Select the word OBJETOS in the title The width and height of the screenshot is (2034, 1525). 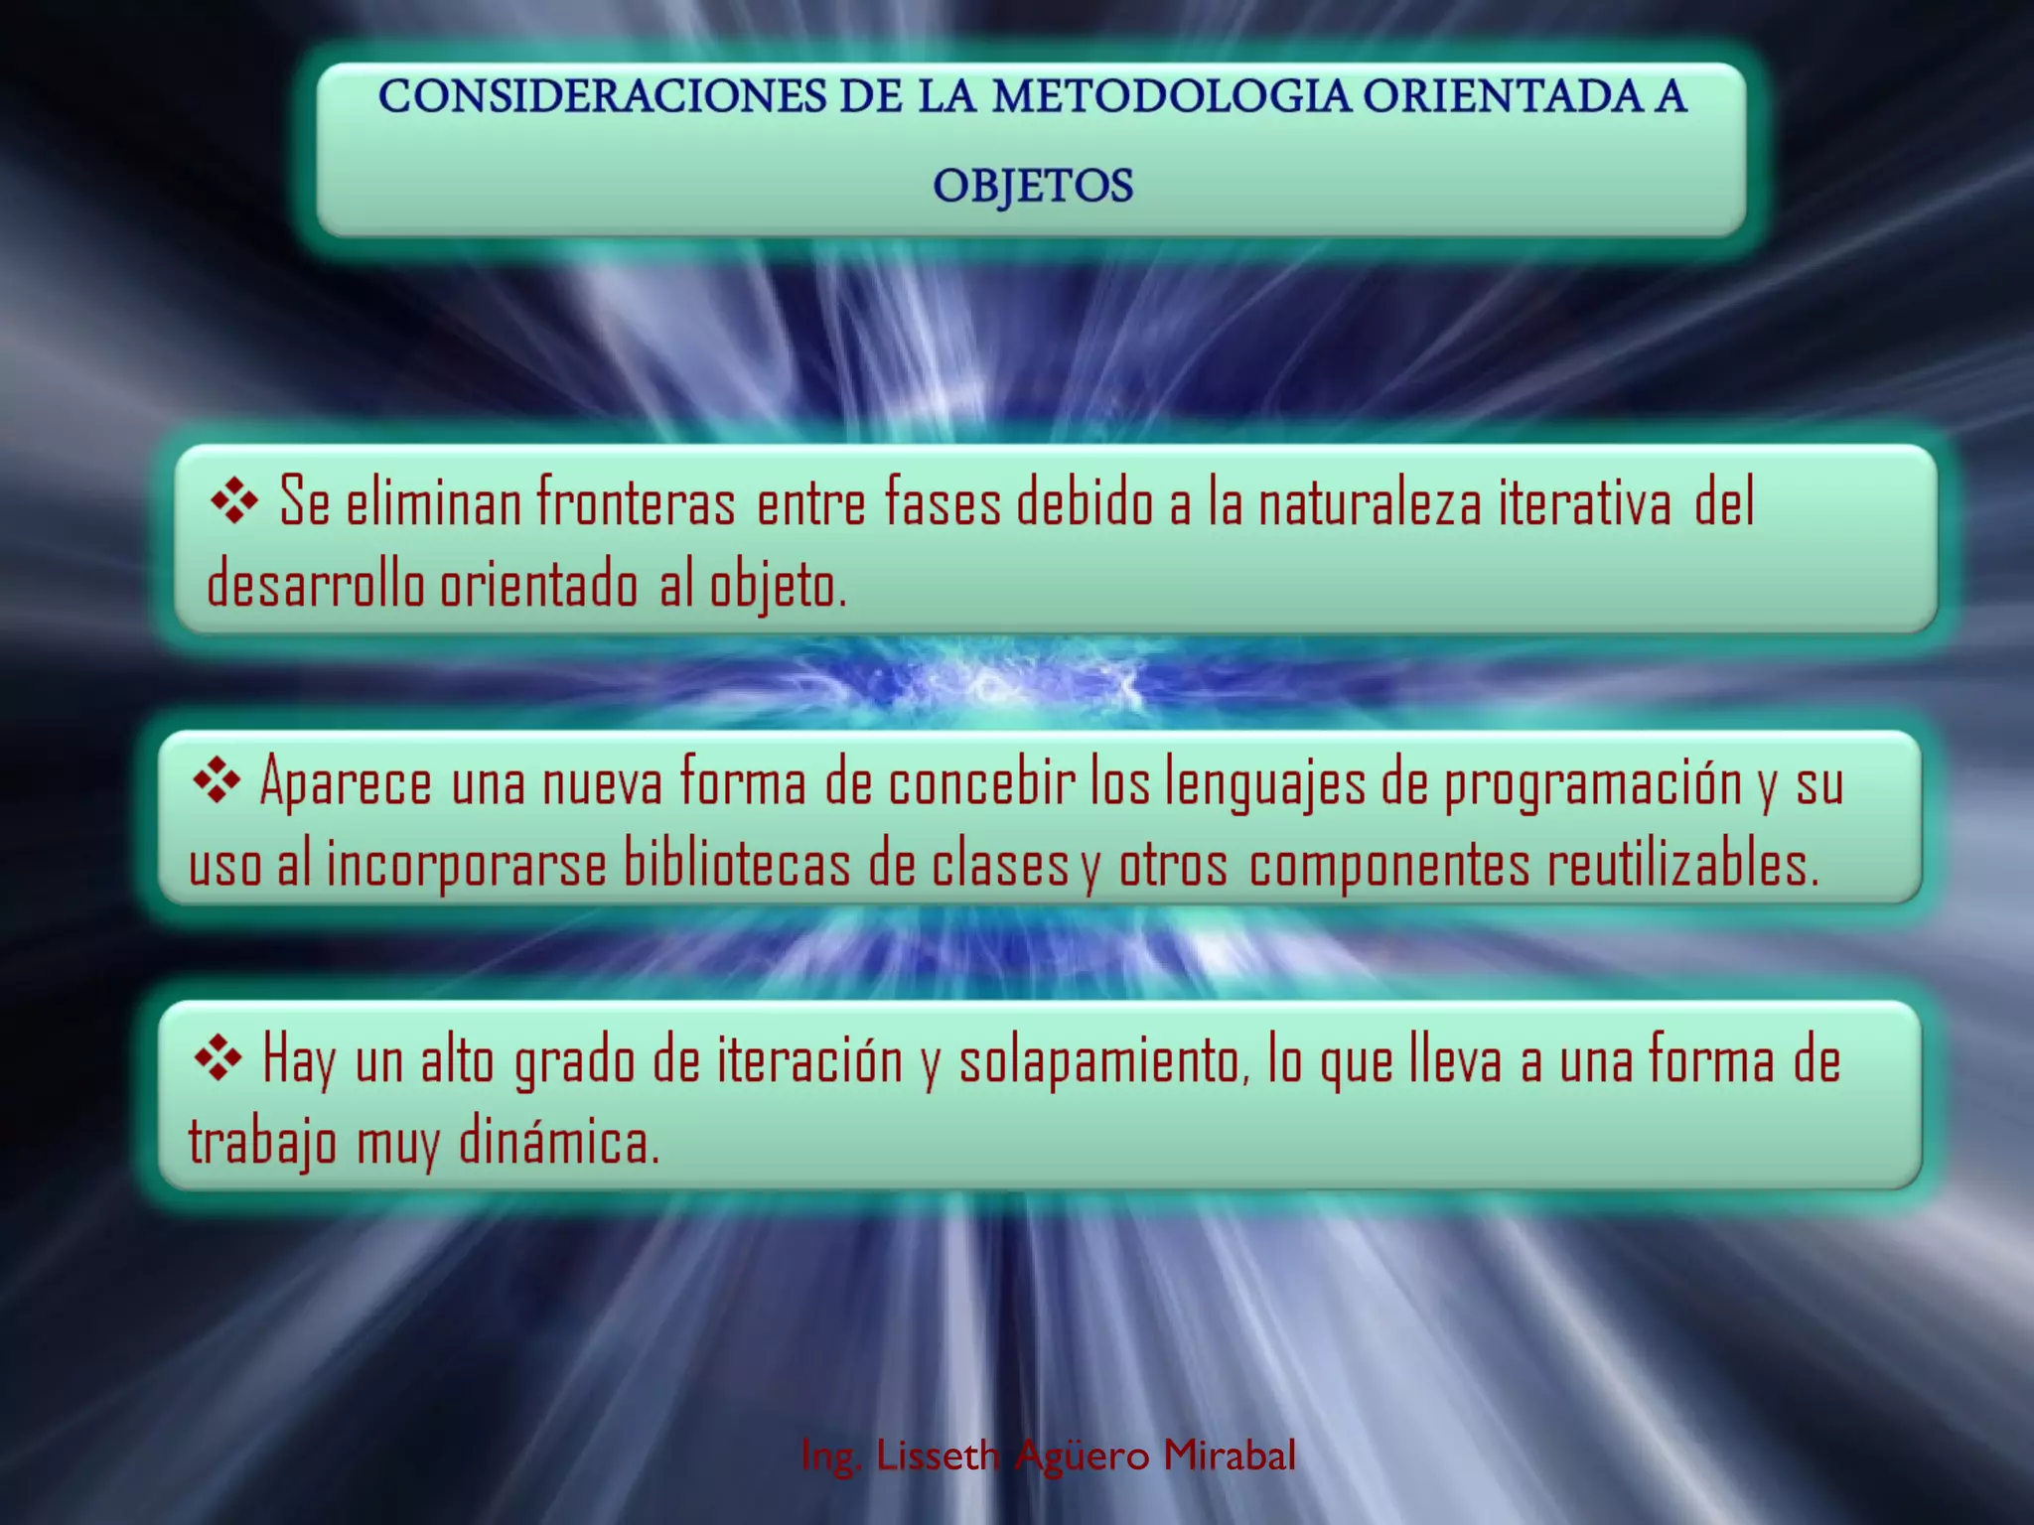1032,186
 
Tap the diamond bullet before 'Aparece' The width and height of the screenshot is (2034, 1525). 217,781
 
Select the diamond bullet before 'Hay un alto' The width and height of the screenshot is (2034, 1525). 218,1058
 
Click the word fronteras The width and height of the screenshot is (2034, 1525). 636,501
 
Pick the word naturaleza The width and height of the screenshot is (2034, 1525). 1370,501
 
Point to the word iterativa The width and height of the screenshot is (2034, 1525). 1585,501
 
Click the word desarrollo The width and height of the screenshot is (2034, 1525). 315,584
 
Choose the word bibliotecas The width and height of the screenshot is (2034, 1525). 737,864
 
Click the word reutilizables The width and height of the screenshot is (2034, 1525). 1682,864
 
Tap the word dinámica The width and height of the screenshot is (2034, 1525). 559,1142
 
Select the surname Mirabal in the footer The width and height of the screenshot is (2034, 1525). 1230,1456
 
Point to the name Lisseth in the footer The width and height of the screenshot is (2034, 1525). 938,1456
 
